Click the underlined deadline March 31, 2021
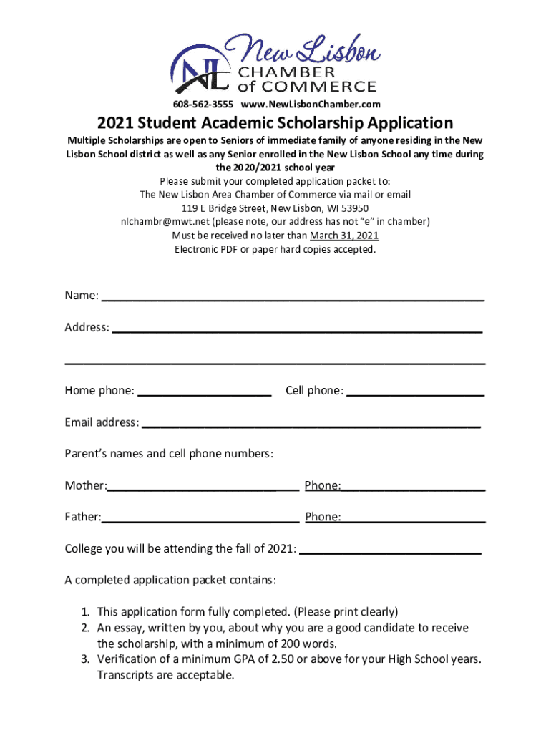(344, 236)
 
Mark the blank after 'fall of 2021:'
(390, 553)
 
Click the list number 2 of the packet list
(84, 628)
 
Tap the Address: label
(87, 328)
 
